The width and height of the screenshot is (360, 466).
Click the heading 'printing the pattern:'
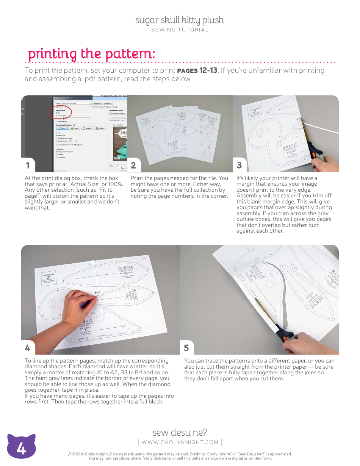pyautogui.click(x=91, y=54)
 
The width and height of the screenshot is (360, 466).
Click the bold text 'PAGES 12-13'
pyautogui.click(x=197, y=70)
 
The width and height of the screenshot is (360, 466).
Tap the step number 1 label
pyautogui.click(x=28, y=165)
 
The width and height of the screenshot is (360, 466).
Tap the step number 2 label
pyautogui.click(x=133, y=165)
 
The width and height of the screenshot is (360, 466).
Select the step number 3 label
pyautogui.click(x=239, y=165)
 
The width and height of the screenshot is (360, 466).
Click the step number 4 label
pyautogui.click(x=28, y=347)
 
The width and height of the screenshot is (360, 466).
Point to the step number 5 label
pyautogui.click(x=186, y=347)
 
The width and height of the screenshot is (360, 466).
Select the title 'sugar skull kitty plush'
pyautogui.click(x=180, y=20)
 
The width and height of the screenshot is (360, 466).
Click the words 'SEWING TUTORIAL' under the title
pyautogui.click(x=180, y=30)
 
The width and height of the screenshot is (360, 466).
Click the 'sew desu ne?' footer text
pyautogui.click(x=180, y=432)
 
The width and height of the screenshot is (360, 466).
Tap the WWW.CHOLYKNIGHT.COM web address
pyautogui.click(x=180, y=442)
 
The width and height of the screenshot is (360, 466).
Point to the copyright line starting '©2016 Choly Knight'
pyautogui.click(x=180, y=454)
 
